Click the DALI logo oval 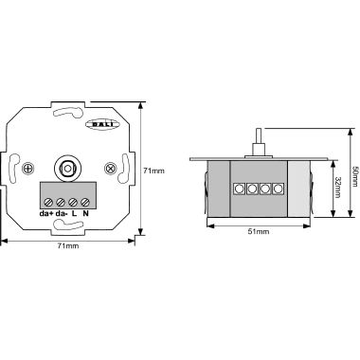pyautogui.click(x=102, y=124)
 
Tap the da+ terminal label pyautogui.click(x=46, y=213)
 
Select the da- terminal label pyautogui.click(x=62, y=213)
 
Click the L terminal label pyautogui.click(x=74, y=213)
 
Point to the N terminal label pyautogui.click(x=85, y=213)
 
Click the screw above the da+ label pyautogui.click(x=48, y=202)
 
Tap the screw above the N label pyautogui.click(x=85, y=202)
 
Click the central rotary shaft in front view pyautogui.click(x=67, y=169)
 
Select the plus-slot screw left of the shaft pyautogui.click(x=28, y=169)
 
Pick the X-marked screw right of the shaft pyautogui.click(x=110, y=169)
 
